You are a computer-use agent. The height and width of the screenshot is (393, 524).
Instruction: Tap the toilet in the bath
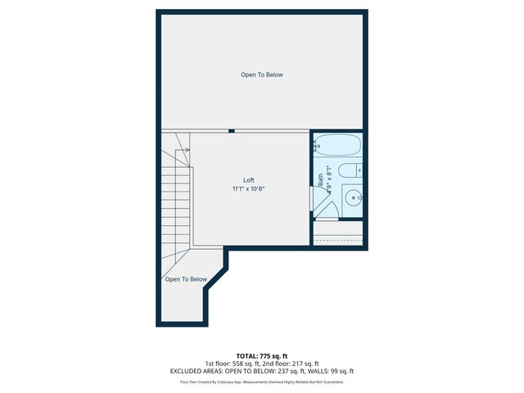(x=348, y=171)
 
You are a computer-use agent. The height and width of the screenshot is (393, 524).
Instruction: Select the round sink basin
(x=353, y=198)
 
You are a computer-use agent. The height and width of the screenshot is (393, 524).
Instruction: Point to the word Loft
(x=249, y=180)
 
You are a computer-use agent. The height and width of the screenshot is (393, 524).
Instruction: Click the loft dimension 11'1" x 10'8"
(x=249, y=189)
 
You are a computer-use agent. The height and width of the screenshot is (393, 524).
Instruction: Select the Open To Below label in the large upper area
(x=262, y=75)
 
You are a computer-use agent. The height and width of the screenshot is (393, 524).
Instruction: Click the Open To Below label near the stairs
(x=186, y=279)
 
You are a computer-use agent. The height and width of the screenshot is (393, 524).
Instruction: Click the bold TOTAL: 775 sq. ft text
(x=262, y=356)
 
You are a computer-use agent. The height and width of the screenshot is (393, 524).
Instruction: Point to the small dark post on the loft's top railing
(x=233, y=130)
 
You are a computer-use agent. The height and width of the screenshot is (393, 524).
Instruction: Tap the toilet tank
(x=361, y=170)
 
